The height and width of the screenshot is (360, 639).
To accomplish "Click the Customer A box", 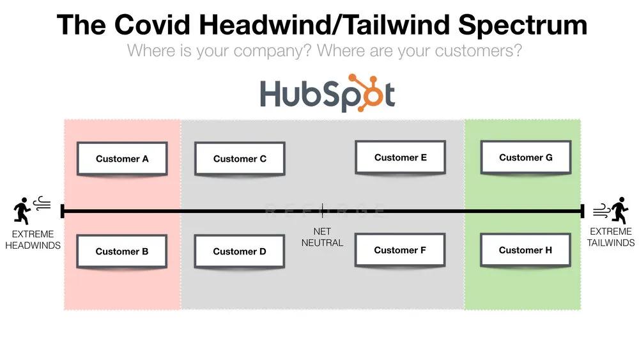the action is click(122, 159).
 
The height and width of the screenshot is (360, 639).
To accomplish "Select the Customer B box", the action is click(122, 251).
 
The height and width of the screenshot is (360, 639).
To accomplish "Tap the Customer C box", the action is click(240, 159).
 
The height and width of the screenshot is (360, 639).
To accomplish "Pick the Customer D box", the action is click(239, 251).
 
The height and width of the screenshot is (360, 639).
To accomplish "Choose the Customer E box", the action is click(400, 157).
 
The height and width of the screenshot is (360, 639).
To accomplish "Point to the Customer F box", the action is click(400, 250).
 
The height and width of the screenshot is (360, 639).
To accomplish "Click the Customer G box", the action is click(526, 157).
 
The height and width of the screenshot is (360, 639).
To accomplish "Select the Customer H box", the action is click(525, 250).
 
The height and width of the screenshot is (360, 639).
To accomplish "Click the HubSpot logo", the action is click(327, 93).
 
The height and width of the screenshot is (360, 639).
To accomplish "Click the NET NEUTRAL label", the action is click(322, 237).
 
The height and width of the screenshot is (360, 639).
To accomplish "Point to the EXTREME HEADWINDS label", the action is click(33, 240).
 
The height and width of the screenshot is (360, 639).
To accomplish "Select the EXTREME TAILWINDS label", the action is click(610, 237).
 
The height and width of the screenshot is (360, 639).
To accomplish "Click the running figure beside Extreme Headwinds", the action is click(22, 211).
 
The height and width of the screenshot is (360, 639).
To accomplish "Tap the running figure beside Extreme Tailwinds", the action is click(620, 210).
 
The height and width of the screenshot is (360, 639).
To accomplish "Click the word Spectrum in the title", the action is click(523, 26).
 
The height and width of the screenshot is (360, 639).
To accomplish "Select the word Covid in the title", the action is click(152, 24).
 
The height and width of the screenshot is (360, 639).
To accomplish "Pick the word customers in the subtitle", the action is click(478, 51).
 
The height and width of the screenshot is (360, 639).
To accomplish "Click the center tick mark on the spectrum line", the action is click(322, 211).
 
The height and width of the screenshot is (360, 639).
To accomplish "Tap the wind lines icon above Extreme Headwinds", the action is click(42, 203).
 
